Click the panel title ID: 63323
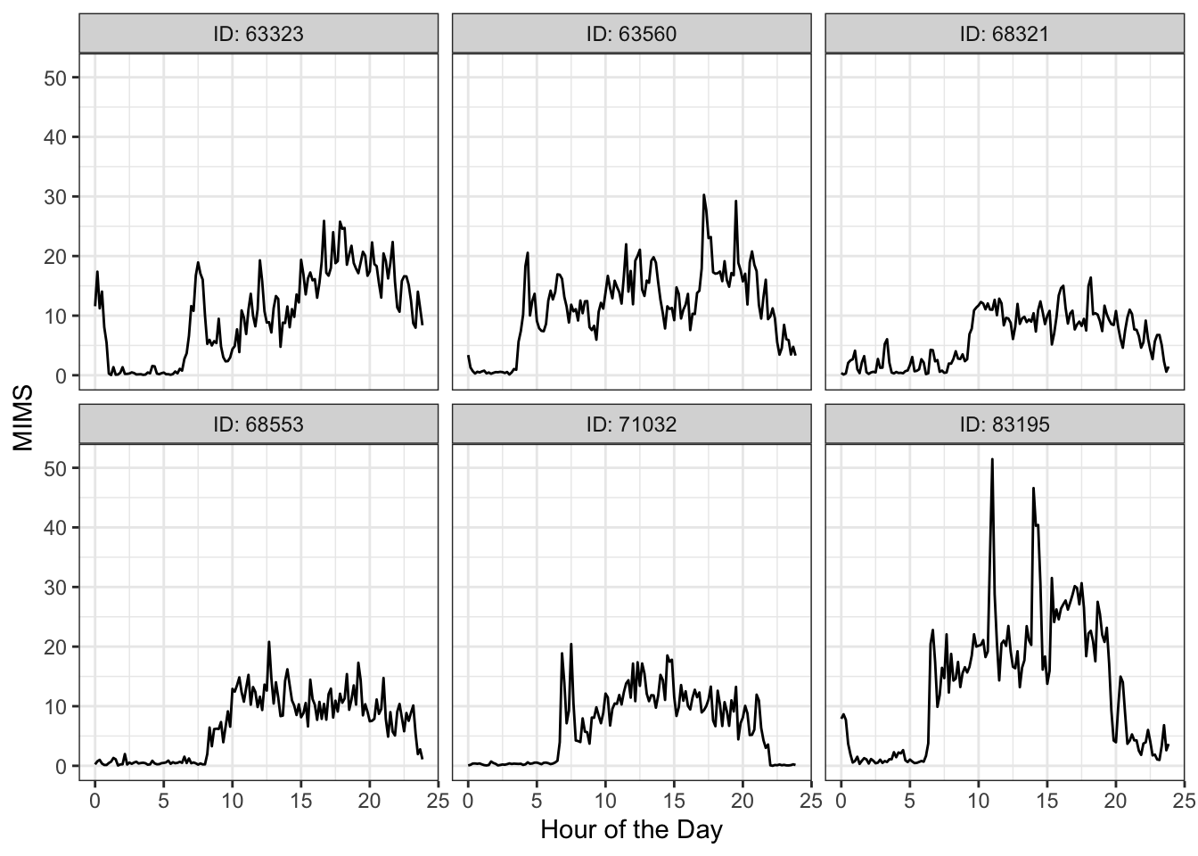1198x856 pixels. click(x=258, y=34)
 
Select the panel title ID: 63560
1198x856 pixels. click(x=631, y=34)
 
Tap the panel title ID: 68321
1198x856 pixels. click(x=1005, y=34)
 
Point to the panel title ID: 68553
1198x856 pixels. click(x=258, y=424)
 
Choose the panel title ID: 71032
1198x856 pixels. click(x=631, y=424)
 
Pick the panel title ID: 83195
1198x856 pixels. click(x=1005, y=424)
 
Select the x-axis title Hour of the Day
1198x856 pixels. click(x=631, y=830)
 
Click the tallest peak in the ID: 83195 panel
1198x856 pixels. click(x=992, y=460)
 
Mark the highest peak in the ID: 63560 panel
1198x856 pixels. click(x=703, y=195)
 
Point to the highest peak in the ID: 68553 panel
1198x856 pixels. click(x=268, y=642)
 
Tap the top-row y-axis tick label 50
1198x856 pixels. click(x=55, y=78)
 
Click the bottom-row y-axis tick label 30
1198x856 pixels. click(x=55, y=587)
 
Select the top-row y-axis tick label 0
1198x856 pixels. click(x=61, y=375)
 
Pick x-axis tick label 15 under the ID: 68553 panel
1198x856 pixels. click(x=300, y=800)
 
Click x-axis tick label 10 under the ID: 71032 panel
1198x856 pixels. click(x=605, y=800)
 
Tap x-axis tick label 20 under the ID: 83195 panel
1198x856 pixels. click(x=1115, y=800)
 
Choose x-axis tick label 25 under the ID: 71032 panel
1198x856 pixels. click(x=809, y=800)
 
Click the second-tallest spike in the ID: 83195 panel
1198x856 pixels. click(x=1033, y=489)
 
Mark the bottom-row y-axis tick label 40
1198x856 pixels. click(x=55, y=527)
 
